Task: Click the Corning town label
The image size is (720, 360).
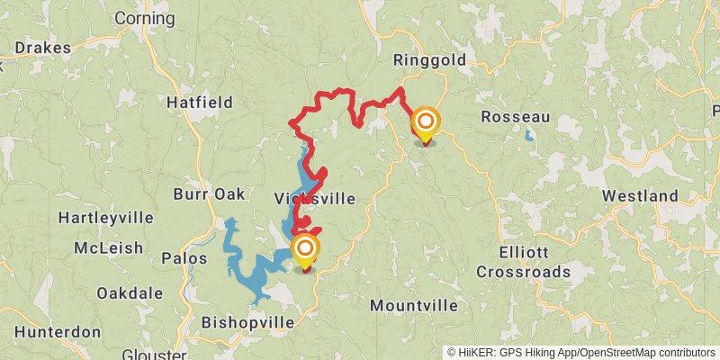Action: tap(145, 18)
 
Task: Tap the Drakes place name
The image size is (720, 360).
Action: tap(36, 48)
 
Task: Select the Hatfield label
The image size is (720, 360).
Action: tap(200, 103)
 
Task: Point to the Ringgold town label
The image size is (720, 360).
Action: tap(429, 60)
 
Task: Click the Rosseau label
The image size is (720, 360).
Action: tap(515, 117)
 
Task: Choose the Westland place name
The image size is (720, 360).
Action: tap(640, 195)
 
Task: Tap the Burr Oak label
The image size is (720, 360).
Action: tap(209, 193)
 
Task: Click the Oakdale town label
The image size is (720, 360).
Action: tap(130, 292)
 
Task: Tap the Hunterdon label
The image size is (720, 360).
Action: tap(58, 331)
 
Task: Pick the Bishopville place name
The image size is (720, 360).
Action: tap(247, 321)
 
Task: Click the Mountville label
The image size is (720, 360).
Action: tap(414, 305)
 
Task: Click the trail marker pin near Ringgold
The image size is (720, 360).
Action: tap(425, 123)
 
